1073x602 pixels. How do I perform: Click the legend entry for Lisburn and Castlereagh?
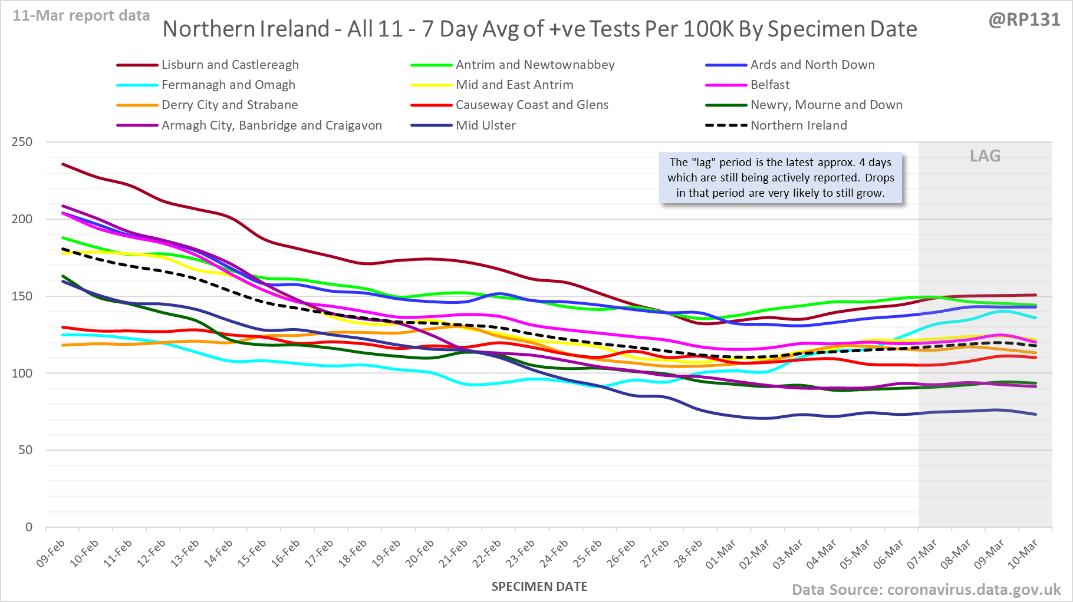[x=230, y=65]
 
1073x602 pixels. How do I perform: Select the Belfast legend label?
[x=770, y=85]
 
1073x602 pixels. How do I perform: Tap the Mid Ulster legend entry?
[x=485, y=125]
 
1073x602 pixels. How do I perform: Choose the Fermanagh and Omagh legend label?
[x=228, y=85]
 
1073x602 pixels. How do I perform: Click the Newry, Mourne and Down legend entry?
[x=826, y=105]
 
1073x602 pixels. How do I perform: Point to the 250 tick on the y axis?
[x=22, y=142]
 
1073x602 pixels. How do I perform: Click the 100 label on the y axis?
[x=22, y=373]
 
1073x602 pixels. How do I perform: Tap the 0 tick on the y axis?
[x=29, y=527]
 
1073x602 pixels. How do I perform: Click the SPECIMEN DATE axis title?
[x=539, y=587]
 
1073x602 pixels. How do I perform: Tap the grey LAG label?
[x=985, y=156]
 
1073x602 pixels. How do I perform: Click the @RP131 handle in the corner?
[x=1024, y=19]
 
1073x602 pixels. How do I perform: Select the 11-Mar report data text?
[x=81, y=16]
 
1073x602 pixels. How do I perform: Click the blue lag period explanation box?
[x=781, y=178]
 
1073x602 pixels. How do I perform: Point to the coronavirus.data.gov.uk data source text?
[x=926, y=590]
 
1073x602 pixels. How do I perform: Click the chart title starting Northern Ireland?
[x=539, y=29]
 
